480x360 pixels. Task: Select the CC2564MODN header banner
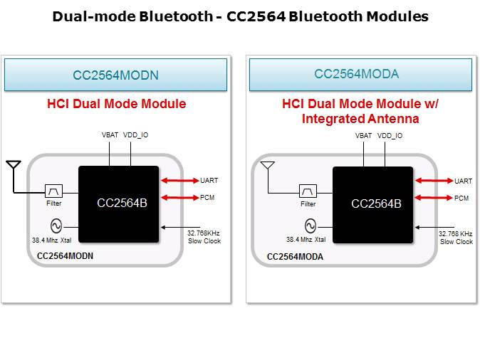click(x=115, y=75)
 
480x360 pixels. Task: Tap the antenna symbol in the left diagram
click(x=13, y=167)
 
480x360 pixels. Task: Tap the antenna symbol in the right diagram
click(x=267, y=167)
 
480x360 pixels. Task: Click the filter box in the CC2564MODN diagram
click(x=54, y=191)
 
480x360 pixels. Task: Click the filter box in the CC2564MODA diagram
click(x=308, y=191)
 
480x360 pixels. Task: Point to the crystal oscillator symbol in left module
click(x=56, y=226)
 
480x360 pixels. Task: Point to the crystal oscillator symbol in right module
click(x=311, y=226)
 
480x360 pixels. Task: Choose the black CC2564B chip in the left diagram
click(x=118, y=203)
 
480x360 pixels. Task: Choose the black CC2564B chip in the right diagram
click(x=372, y=203)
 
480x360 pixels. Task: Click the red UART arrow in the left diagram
click(x=180, y=181)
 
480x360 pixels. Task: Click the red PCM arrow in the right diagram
click(x=434, y=198)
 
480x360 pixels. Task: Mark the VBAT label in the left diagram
click(x=110, y=135)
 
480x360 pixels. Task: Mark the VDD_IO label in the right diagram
click(x=390, y=135)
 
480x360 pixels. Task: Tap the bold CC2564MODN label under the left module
click(x=66, y=255)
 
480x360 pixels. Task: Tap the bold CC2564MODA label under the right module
click(x=295, y=256)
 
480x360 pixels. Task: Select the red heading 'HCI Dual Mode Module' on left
click(x=117, y=104)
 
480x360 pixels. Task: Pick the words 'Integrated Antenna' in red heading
click(x=360, y=119)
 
